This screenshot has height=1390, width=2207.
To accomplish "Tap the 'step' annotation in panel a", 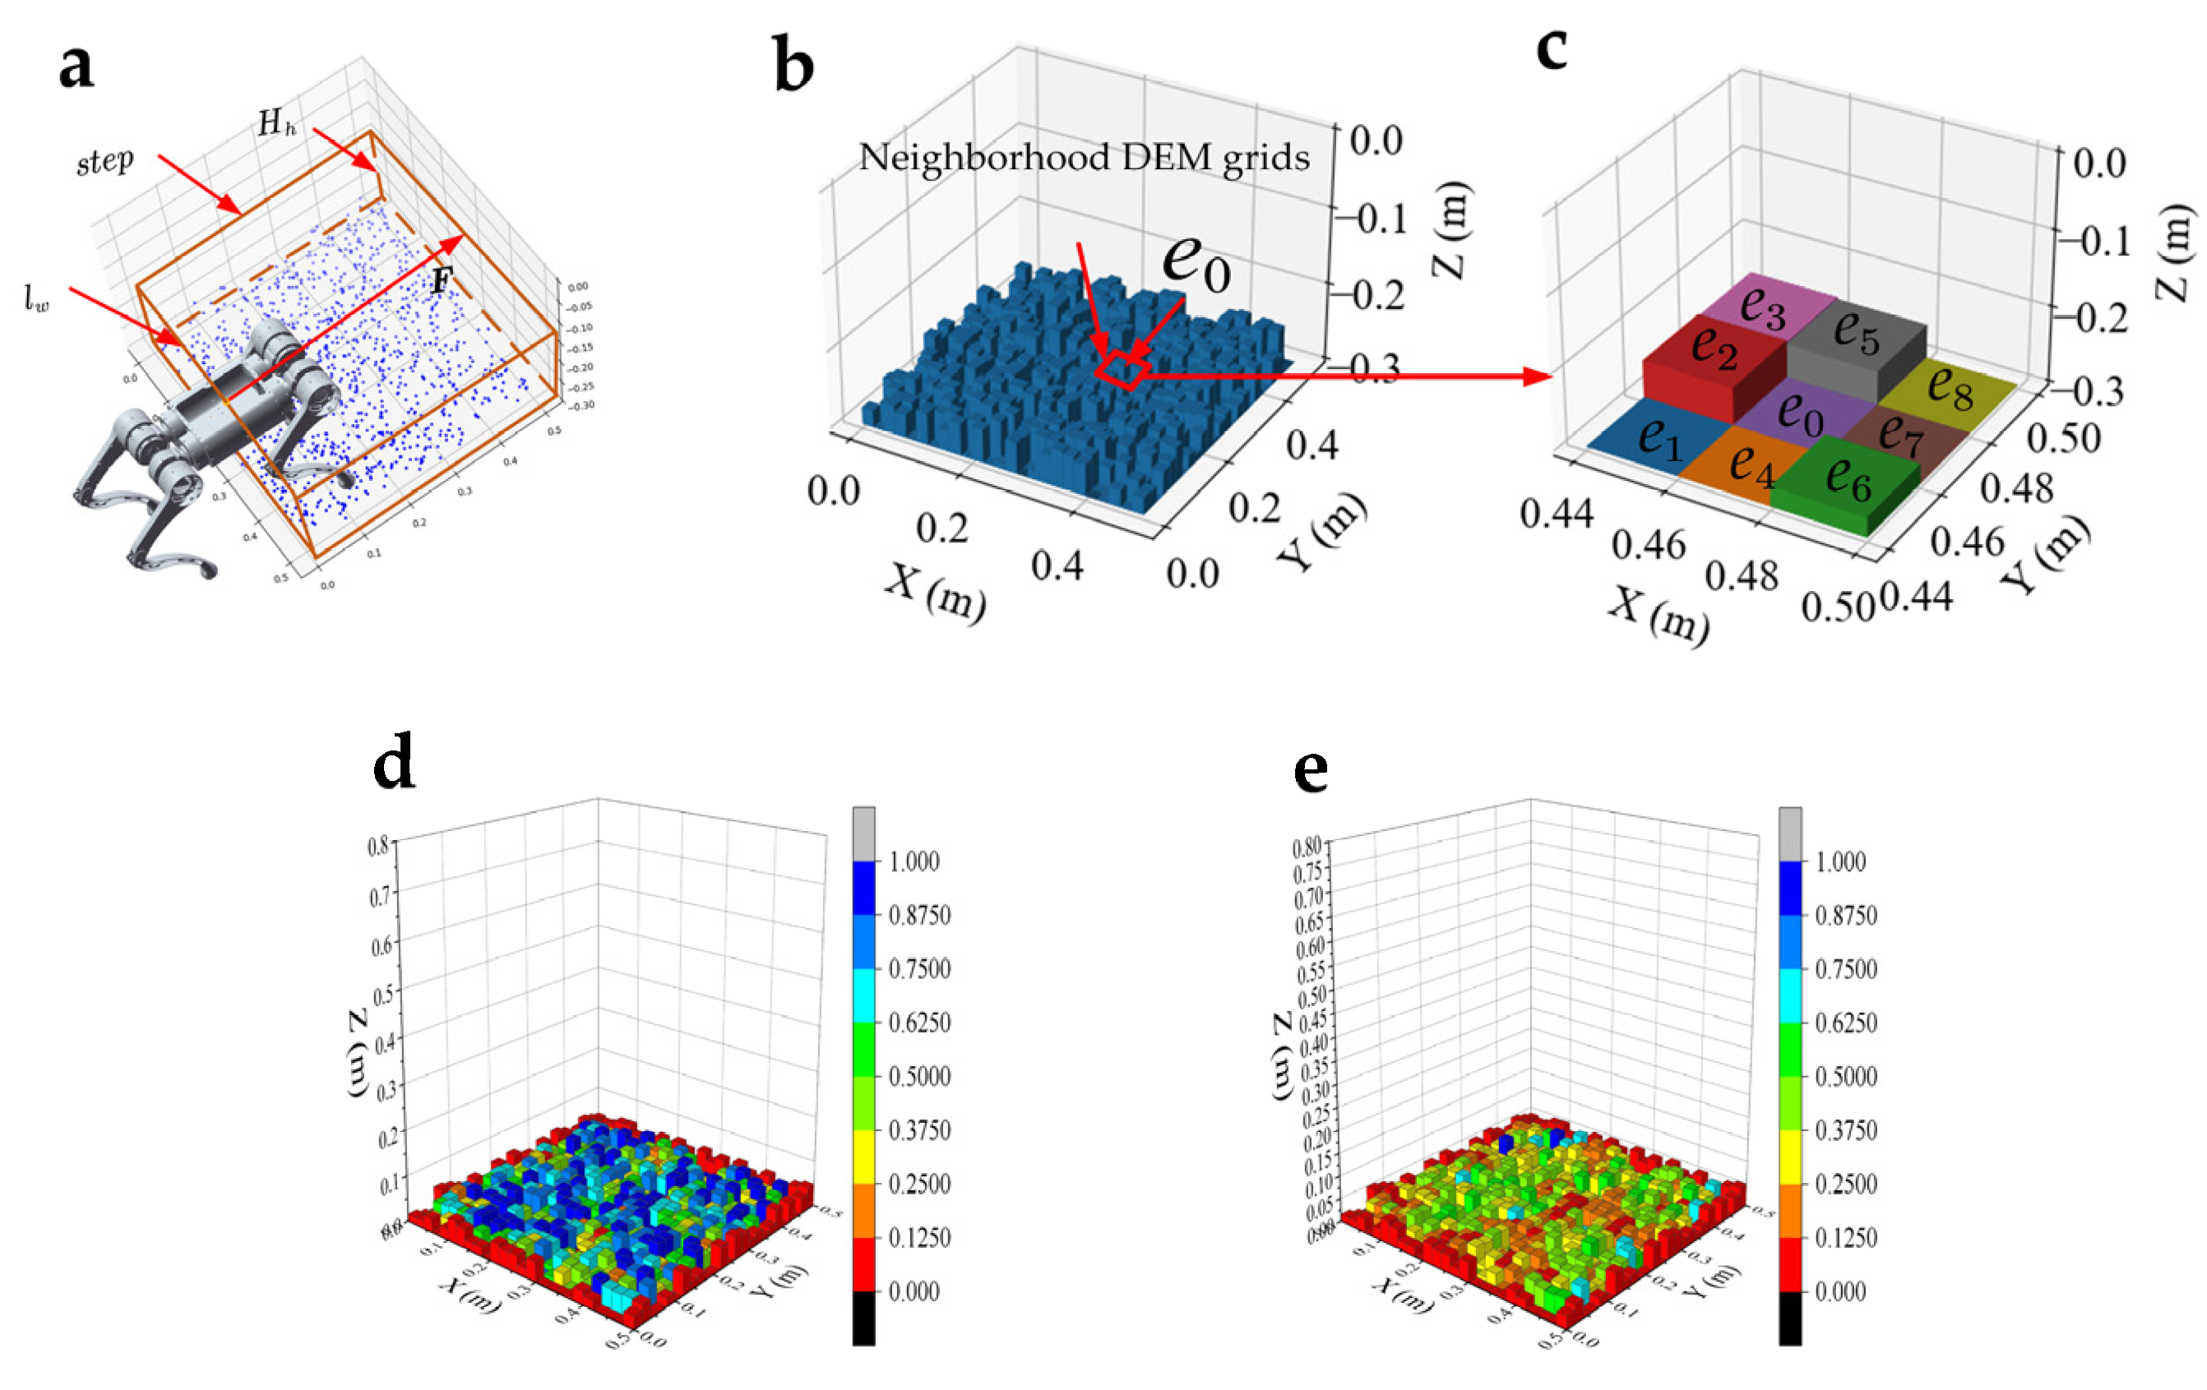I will point(104,162).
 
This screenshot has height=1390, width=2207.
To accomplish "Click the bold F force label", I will point(441,279).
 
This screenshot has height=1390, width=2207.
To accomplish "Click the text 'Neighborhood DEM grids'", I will point(1083,158).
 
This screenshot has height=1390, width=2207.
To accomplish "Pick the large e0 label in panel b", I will point(1196,263).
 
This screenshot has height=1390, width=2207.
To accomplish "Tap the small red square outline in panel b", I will point(1122,368).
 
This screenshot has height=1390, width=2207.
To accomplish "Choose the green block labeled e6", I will point(1847,481).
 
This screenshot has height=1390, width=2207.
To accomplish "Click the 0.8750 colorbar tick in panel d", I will point(918,914).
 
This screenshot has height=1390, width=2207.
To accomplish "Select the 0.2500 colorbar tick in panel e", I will point(1846,1183).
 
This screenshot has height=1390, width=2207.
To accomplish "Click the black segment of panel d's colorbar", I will point(863,1318).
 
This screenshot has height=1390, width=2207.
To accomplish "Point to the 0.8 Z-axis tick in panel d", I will point(377,845).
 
